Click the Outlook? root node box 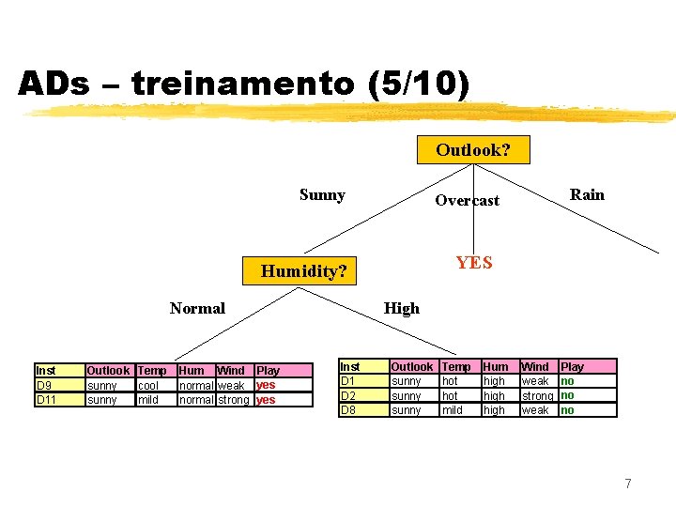click(x=473, y=150)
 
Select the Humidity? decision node click(x=303, y=271)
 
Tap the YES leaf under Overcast click(x=474, y=263)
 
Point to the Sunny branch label click(x=322, y=195)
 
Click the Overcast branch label click(x=467, y=200)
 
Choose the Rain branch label click(x=587, y=194)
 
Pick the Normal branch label click(x=197, y=308)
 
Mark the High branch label click(x=402, y=308)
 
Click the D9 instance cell click(x=44, y=385)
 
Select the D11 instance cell click(x=46, y=400)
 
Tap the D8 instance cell click(x=348, y=410)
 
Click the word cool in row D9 click(x=147, y=386)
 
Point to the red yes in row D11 click(x=266, y=400)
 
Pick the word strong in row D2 click(x=537, y=396)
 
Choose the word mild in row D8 click(x=452, y=410)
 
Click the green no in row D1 click(x=567, y=381)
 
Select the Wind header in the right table click(x=535, y=367)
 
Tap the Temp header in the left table click(x=151, y=371)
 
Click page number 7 click(x=628, y=484)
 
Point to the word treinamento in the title click(x=242, y=84)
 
